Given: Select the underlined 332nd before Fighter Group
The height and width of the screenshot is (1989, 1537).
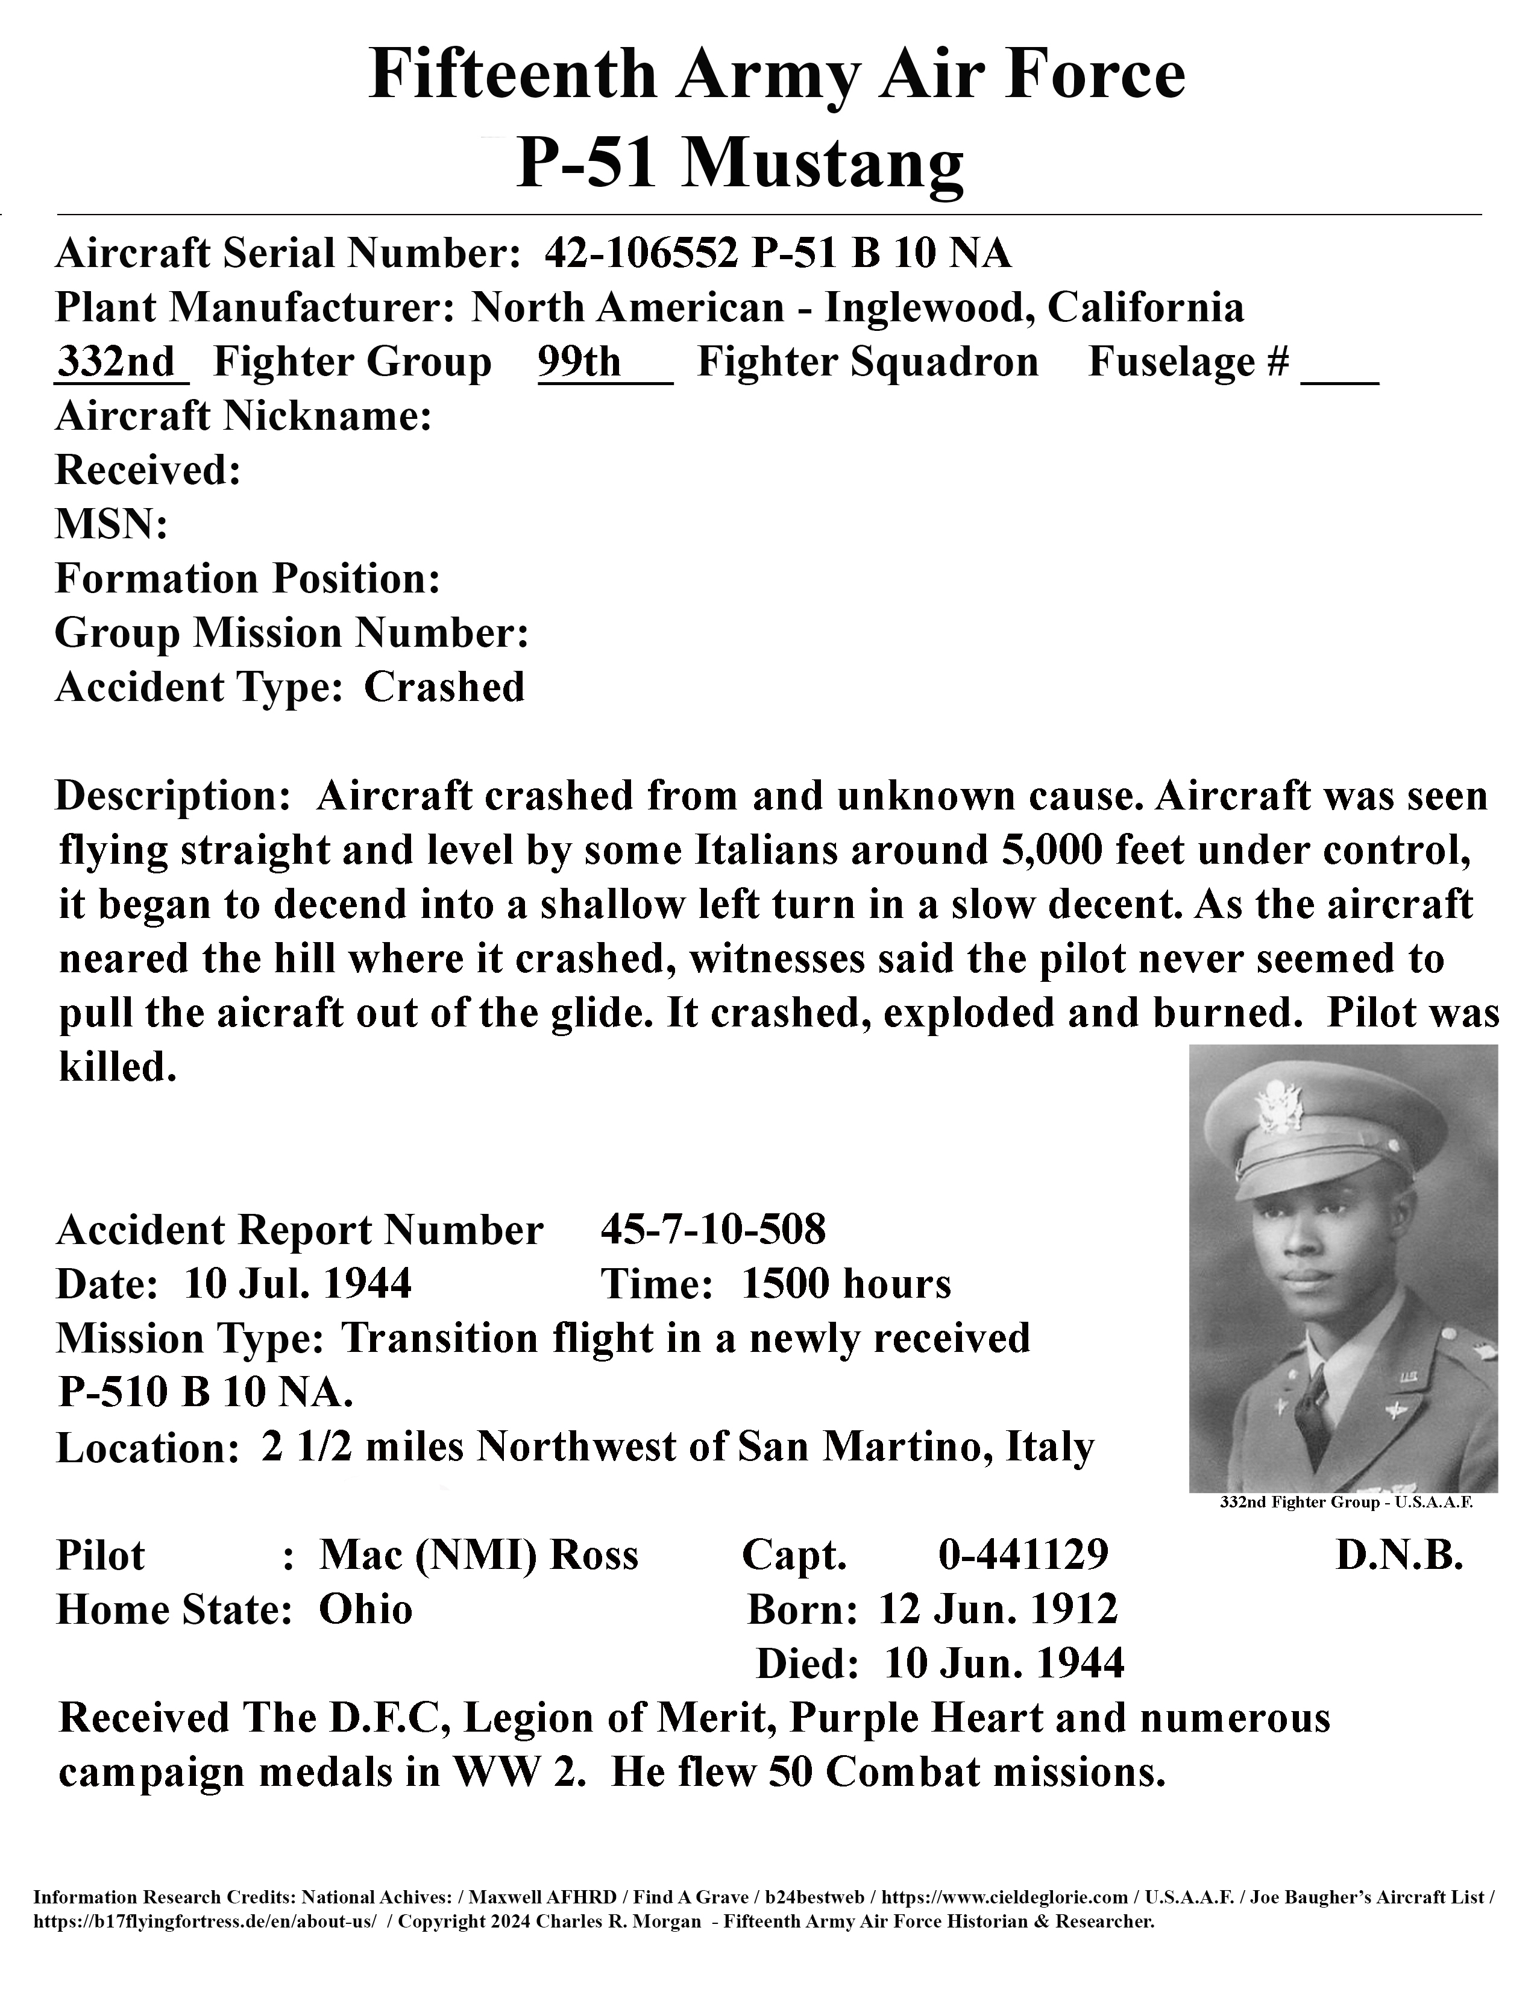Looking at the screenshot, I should tap(116, 362).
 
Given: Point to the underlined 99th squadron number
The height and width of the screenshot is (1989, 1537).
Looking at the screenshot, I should tap(579, 362).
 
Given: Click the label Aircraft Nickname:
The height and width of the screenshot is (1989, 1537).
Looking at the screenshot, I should tap(243, 416).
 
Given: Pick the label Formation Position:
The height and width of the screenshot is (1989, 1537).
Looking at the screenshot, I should tap(248, 579).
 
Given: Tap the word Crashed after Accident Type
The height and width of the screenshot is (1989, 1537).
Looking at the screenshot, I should tap(444, 688).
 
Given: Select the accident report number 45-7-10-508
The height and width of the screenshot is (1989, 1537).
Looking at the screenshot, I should tap(713, 1230).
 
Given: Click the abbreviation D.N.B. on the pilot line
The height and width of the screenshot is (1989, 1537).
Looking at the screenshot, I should tap(1398, 1556).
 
